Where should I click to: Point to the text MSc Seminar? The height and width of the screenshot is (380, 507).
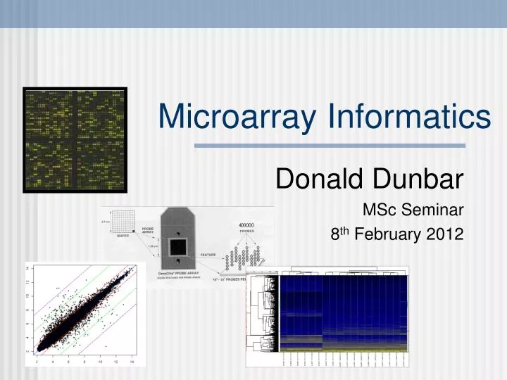(413, 209)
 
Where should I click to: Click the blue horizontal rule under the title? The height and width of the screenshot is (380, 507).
(330, 146)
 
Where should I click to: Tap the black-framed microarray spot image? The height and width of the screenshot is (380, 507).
(75, 141)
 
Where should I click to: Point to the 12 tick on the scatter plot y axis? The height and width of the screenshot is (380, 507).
(27, 282)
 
